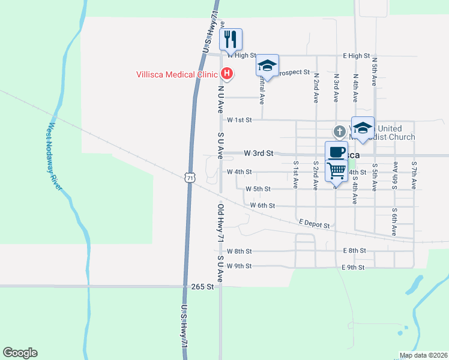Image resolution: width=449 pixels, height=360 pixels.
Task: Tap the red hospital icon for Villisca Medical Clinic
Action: (x=227, y=74)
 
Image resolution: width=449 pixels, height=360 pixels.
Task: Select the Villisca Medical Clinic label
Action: (x=175, y=74)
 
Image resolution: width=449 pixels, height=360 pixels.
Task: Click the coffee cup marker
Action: (x=336, y=152)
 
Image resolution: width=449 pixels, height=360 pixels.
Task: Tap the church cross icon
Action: (x=339, y=131)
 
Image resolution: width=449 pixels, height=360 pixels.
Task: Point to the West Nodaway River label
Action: (x=55, y=157)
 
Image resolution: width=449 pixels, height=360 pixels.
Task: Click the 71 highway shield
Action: (x=190, y=178)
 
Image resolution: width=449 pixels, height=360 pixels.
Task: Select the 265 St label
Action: (x=202, y=287)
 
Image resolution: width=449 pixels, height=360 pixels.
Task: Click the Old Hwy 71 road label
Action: (x=220, y=223)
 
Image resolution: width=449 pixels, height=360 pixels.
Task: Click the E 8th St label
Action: (x=354, y=251)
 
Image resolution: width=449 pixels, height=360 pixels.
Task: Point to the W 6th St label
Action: (x=262, y=205)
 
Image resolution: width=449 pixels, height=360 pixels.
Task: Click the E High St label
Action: (x=357, y=56)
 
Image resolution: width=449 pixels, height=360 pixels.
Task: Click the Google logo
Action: (x=20, y=353)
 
